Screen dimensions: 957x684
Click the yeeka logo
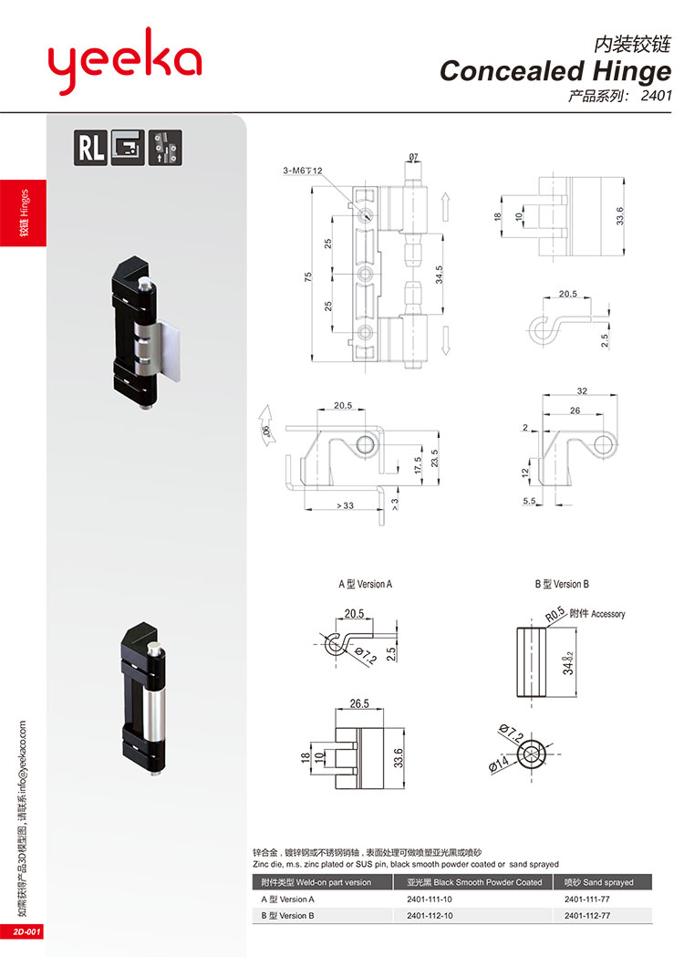point(125,64)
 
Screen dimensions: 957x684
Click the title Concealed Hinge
point(554,71)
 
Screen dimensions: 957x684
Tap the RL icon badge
point(90,147)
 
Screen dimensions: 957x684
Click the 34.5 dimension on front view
point(439,275)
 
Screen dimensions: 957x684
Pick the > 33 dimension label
point(345,505)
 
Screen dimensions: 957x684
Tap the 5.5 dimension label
point(530,501)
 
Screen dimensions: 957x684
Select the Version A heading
point(366,584)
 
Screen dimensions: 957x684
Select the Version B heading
point(562,584)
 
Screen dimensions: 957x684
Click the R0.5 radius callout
point(555,618)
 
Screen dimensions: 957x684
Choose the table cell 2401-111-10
point(424,900)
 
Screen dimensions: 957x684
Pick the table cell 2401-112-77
point(587,915)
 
